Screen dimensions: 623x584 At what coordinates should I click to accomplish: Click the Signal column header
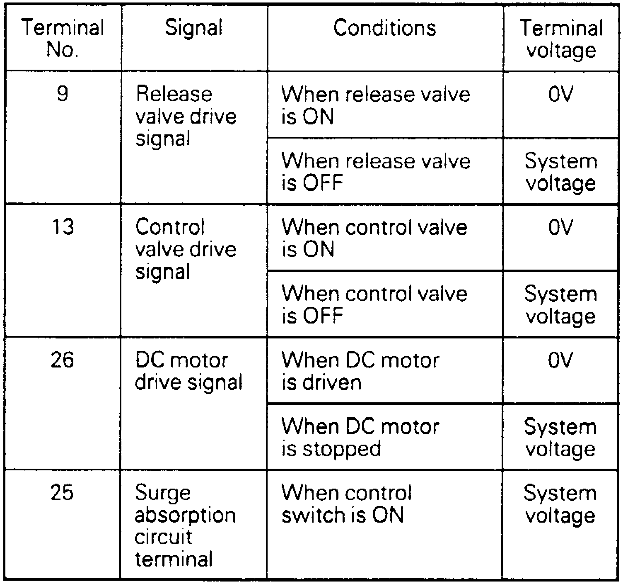click(x=193, y=28)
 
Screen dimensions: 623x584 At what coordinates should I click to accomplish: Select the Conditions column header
click(x=384, y=28)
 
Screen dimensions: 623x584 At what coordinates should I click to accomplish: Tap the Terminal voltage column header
click(x=561, y=39)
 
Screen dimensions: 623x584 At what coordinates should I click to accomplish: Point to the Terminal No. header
click(x=63, y=39)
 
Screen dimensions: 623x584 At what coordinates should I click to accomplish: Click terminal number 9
click(x=62, y=94)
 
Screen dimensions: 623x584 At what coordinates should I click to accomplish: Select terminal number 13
click(x=63, y=227)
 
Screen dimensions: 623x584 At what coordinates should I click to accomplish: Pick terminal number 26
click(x=63, y=360)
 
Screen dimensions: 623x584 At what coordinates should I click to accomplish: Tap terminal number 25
click(x=62, y=493)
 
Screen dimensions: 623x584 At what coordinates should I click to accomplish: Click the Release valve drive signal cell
click(x=186, y=117)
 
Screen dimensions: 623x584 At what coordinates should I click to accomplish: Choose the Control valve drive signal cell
click(x=186, y=249)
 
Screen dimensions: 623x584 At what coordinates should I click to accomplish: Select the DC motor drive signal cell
click(x=188, y=371)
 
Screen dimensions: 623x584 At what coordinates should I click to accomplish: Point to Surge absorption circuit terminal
click(x=185, y=526)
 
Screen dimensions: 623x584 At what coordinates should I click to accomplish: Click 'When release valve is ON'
click(x=375, y=105)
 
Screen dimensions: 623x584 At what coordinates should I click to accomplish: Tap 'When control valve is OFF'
click(x=374, y=304)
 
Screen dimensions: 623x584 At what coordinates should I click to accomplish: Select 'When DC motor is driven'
click(x=360, y=371)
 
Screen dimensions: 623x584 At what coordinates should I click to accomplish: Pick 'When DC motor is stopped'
click(x=360, y=438)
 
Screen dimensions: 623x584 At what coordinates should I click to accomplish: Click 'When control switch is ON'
click(x=346, y=504)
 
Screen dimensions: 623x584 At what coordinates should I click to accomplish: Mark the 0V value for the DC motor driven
click(x=560, y=360)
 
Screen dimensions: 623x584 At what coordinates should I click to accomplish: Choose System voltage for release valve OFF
click(x=560, y=172)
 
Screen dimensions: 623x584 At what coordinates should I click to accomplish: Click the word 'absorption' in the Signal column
click(x=185, y=515)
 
